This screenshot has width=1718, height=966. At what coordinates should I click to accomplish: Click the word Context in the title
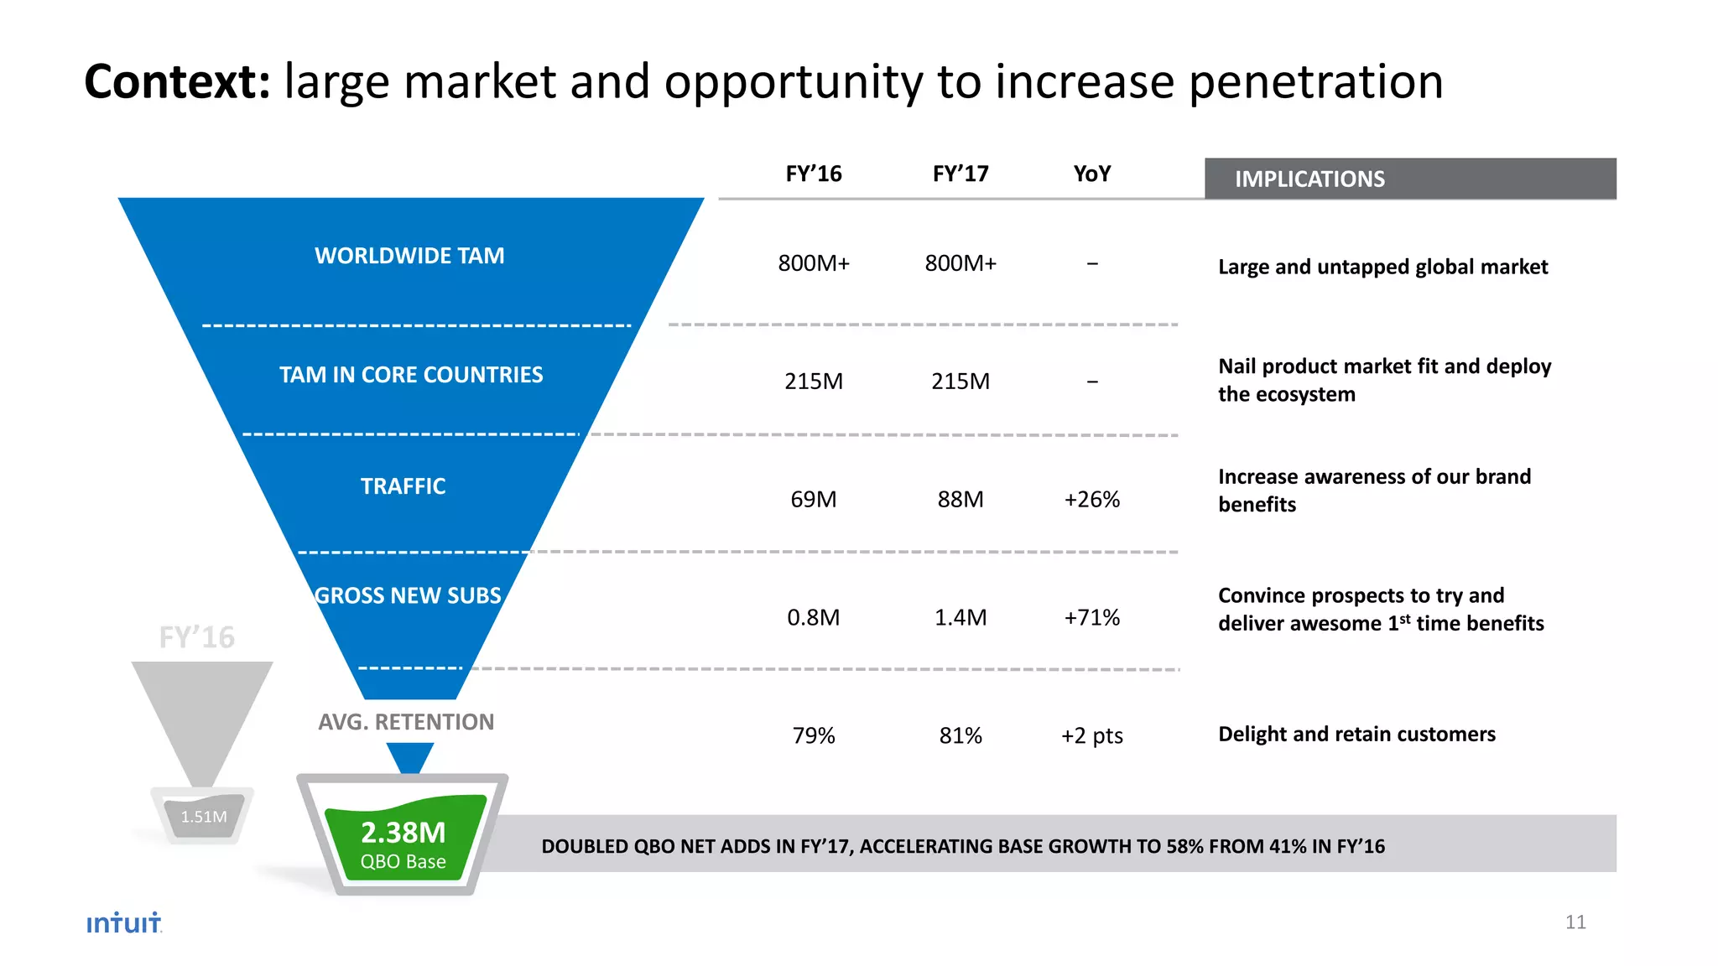[x=176, y=82]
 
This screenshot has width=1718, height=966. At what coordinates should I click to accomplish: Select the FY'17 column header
[x=961, y=174]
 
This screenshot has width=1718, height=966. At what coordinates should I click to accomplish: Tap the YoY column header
[x=1091, y=174]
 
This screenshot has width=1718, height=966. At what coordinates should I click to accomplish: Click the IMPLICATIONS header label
[x=1309, y=179]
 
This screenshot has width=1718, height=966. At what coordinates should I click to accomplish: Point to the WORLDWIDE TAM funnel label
[x=409, y=256]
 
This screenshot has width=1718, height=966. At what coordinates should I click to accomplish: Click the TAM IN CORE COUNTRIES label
[x=411, y=375]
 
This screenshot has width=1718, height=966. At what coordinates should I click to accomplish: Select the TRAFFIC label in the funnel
[x=403, y=486]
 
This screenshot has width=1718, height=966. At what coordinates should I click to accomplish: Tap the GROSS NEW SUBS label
[x=408, y=595]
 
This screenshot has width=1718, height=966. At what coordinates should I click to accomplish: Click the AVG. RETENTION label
[x=406, y=722]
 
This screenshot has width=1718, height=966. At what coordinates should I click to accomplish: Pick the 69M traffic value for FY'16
[x=813, y=500]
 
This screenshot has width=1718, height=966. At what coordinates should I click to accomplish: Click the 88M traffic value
[x=961, y=500]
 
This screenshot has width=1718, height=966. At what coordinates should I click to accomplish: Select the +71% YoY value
[x=1091, y=618]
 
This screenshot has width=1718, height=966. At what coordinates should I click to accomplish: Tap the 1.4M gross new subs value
[x=961, y=618]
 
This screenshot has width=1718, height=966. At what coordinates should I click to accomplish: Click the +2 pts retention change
[x=1091, y=736]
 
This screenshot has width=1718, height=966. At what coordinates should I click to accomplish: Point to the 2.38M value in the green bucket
[x=403, y=833]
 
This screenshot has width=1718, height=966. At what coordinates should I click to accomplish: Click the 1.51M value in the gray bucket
[x=204, y=817]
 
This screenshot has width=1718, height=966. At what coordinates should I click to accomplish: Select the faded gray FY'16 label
[x=197, y=637]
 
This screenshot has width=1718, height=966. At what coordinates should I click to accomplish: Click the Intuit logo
[x=123, y=922]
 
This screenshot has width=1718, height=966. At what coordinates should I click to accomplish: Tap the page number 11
[x=1575, y=922]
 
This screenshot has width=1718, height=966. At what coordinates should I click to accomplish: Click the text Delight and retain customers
[x=1356, y=735]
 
